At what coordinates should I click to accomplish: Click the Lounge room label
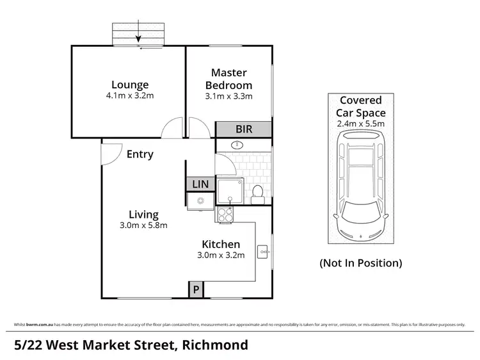pos(130,85)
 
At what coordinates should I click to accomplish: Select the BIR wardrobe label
pos(243,129)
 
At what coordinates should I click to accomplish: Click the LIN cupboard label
pos(200,184)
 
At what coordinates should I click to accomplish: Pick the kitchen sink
pos(200,201)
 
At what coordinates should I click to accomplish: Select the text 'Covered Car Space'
pos(361,106)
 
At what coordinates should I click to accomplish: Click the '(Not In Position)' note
pos(361,263)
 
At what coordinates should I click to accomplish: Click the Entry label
pos(140,154)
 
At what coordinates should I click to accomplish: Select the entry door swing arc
pos(111,151)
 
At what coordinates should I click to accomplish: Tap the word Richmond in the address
pos(214,345)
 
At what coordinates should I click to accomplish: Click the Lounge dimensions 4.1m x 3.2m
pos(130,96)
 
